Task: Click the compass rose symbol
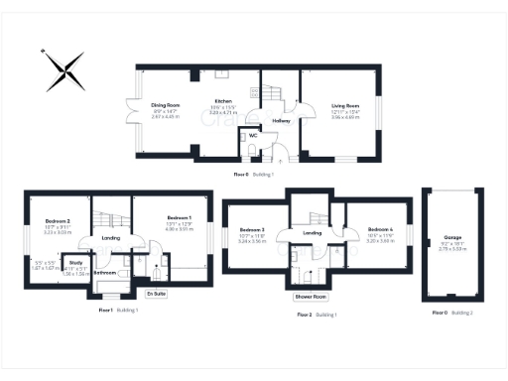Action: (x=63, y=70)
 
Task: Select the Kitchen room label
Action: (x=224, y=102)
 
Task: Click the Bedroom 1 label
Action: (x=179, y=217)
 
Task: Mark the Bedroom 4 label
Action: (x=380, y=229)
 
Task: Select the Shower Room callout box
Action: (x=310, y=297)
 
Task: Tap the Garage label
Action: (x=452, y=239)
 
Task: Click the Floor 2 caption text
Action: (x=305, y=315)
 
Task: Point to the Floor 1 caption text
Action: (x=106, y=311)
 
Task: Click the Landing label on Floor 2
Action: (x=313, y=233)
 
